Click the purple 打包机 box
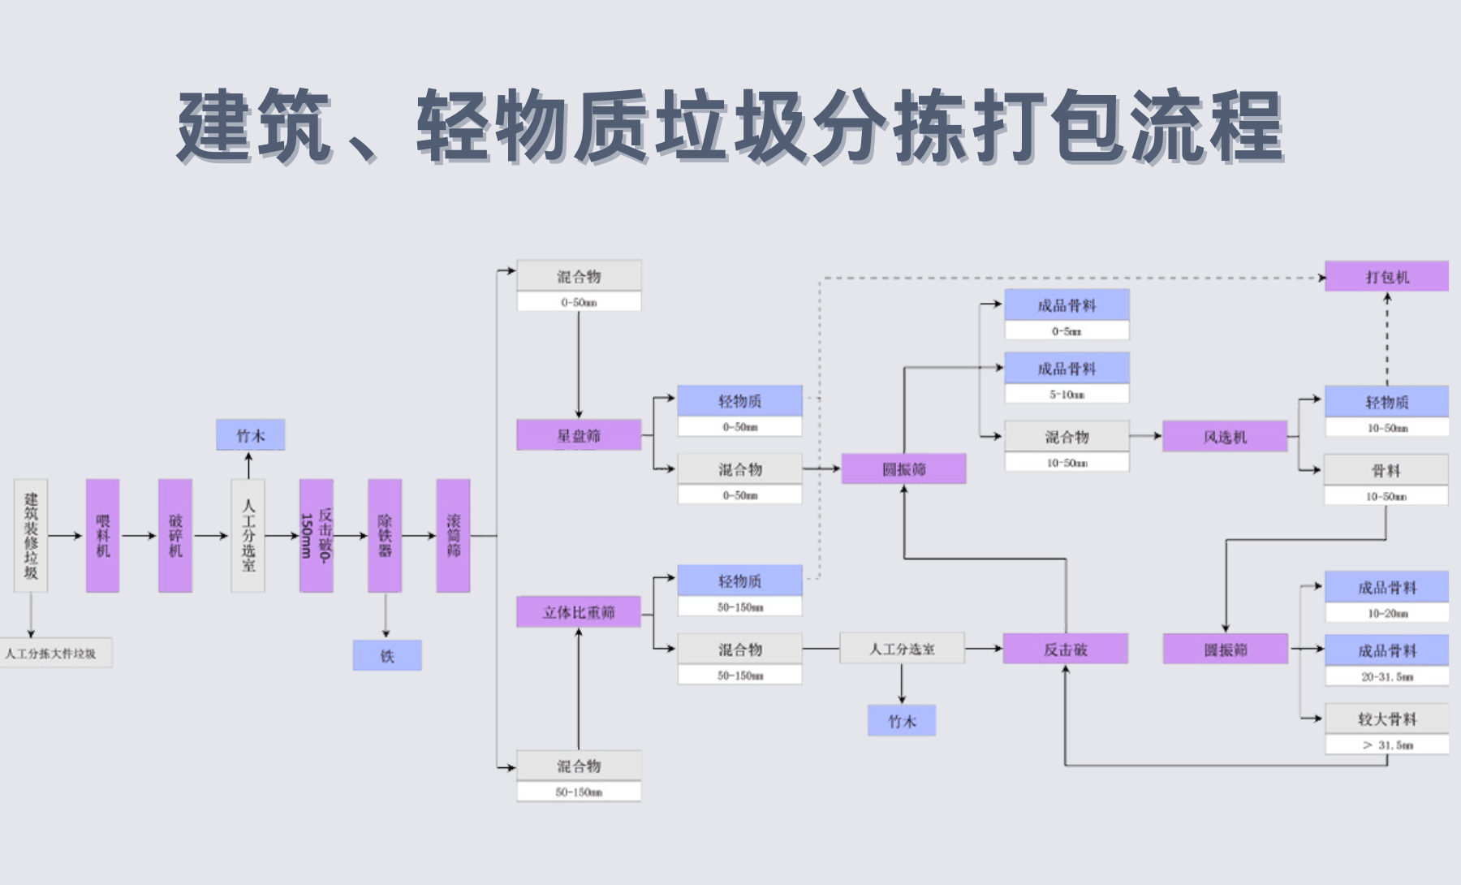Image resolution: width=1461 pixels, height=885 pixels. tap(1386, 276)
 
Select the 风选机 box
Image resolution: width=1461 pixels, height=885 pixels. tap(1225, 436)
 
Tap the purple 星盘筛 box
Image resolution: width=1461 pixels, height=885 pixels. tap(579, 435)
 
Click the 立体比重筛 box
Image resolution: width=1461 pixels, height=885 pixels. tap(579, 611)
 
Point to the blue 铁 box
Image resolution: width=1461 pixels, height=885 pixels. tap(387, 655)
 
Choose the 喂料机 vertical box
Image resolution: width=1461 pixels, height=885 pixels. tap(103, 535)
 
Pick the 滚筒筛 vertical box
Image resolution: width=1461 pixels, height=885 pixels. tap(453, 535)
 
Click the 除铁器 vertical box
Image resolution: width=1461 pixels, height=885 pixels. tap(385, 535)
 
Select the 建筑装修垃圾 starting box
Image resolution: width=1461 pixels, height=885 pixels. tap(31, 535)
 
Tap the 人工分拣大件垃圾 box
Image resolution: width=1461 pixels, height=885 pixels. tap(54, 653)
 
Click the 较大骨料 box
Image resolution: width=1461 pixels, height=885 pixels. tap(1386, 718)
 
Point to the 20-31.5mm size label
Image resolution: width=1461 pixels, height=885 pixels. tap(1386, 676)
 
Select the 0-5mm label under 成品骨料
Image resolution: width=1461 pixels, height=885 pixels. tap(1067, 330)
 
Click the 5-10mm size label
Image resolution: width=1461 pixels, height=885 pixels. tap(1067, 394)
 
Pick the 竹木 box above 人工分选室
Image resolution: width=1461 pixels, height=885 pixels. tap(250, 434)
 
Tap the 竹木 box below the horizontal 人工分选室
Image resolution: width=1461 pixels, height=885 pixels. tap(902, 720)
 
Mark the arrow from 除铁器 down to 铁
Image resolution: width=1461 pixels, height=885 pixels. tap(386, 615)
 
